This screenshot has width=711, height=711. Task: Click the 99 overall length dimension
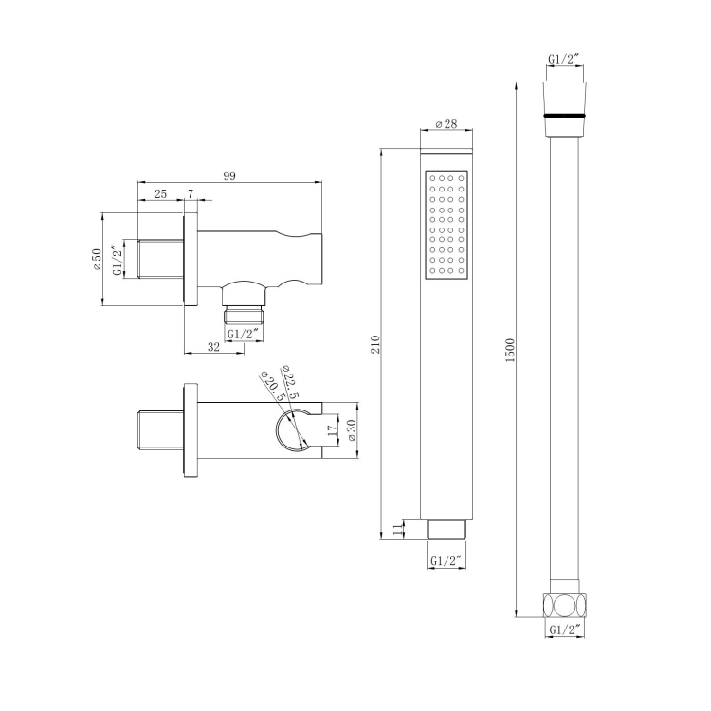coord(229,175)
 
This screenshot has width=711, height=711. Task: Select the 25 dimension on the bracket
coord(160,193)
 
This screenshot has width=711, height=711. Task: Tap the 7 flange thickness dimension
coord(191,193)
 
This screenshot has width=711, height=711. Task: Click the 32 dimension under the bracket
coord(212,348)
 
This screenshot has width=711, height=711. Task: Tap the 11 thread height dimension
coord(396,529)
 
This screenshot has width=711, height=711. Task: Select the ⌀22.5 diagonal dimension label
coord(292,381)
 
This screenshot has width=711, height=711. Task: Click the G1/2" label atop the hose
coord(566,61)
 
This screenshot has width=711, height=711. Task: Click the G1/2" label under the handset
coord(446,560)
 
